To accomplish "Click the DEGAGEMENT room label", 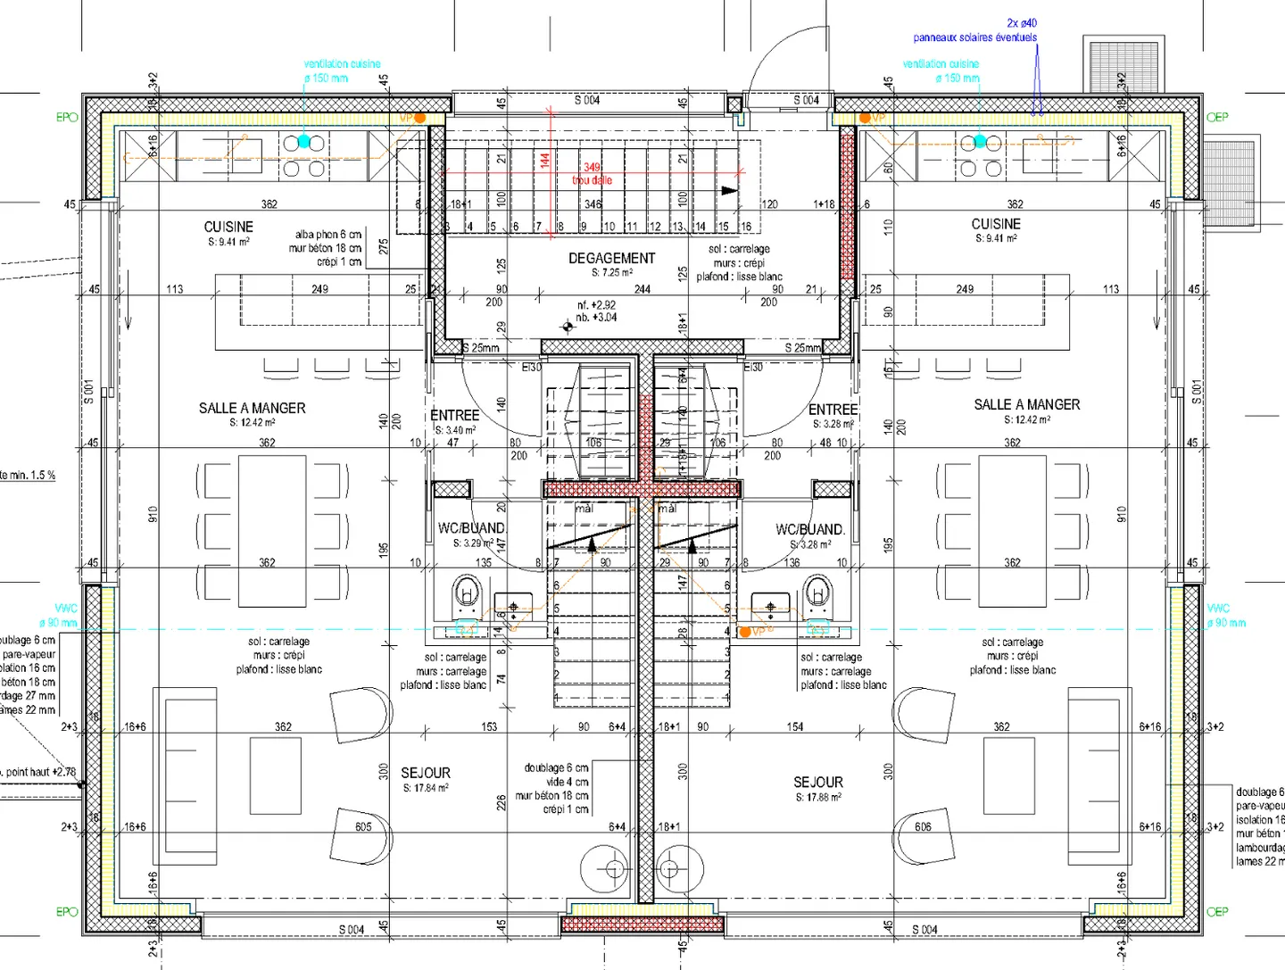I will tap(611, 258).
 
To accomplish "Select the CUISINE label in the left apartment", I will tap(228, 227).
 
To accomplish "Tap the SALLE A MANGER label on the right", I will tap(1026, 404).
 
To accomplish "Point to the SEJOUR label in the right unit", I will tap(817, 782).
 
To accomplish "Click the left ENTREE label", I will tap(455, 415).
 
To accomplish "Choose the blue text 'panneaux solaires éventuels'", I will tap(974, 37).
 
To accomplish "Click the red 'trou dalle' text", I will tap(592, 180).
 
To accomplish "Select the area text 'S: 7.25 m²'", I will tap(611, 273).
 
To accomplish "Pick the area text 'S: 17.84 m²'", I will tap(425, 788).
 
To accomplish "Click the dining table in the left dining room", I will tap(272, 530).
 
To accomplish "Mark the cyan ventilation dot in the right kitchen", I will tap(980, 141).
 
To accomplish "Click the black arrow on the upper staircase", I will tap(729, 190).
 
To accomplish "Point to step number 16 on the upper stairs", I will tap(745, 227).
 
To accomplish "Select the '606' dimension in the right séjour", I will tap(923, 826).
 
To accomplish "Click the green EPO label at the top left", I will tap(67, 117).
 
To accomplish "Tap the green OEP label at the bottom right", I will tap(1217, 911).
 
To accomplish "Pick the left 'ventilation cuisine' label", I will tap(342, 64).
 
